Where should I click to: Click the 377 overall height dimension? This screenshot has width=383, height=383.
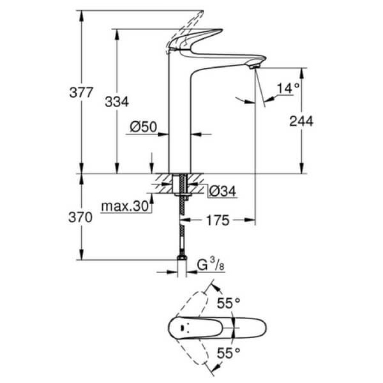click(x=81, y=93)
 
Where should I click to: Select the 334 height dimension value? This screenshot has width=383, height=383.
click(x=117, y=102)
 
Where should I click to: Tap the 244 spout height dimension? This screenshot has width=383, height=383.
click(x=301, y=121)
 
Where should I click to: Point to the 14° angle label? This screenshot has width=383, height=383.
click(x=288, y=88)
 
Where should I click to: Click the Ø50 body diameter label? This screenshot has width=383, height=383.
click(x=143, y=127)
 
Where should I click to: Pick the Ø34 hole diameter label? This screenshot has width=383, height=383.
click(x=223, y=191)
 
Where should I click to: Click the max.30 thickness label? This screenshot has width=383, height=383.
click(x=125, y=206)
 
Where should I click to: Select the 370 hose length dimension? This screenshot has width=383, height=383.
click(x=80, y=217)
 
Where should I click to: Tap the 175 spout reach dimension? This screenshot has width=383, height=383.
click(x=218, y=220)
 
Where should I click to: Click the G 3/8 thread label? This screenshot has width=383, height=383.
click(x=211, y=265)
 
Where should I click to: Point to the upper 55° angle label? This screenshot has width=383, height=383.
click(x=229, y=303)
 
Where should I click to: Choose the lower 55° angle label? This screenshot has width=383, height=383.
click(x=229, y=353)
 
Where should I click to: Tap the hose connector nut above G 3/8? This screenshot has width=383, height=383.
click(x=182, y=258)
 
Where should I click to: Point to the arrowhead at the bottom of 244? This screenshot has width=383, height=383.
click(x=302, y=168)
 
